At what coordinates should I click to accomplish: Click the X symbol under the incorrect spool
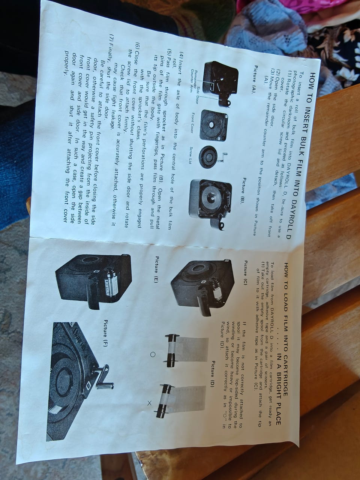pos(149,403)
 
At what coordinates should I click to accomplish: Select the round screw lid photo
pos(209,156)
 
